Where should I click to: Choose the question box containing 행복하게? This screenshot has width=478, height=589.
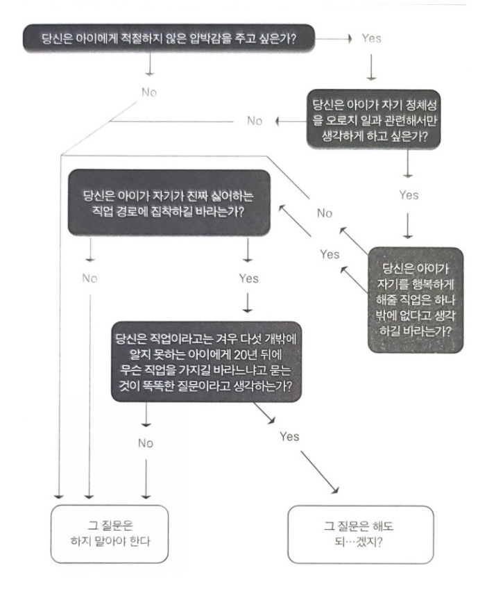tap(415, 292)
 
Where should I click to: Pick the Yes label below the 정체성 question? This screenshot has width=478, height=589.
tap(407, 196)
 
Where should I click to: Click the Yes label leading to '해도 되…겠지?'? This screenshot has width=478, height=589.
tap(289, 436)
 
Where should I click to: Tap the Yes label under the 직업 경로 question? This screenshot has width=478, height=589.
tap(248, 279)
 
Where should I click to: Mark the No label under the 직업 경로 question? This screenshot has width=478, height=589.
tap(89, 279)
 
